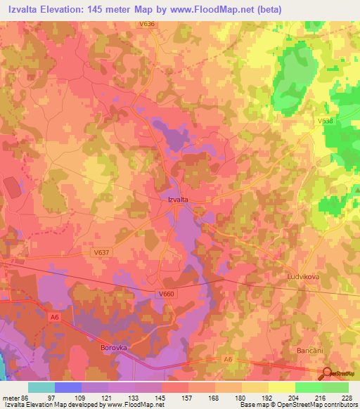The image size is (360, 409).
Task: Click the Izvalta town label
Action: [x=177, y=200]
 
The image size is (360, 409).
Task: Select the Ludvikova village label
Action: [x=304, y=277]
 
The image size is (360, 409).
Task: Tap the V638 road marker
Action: [x=325, y=122]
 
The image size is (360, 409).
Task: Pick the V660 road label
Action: [x=167, y=294]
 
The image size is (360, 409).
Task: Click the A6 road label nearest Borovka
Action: [x=54, y=318]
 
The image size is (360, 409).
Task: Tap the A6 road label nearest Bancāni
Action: [x=228, y=359]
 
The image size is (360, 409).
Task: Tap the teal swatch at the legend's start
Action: [x=41, y=387]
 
